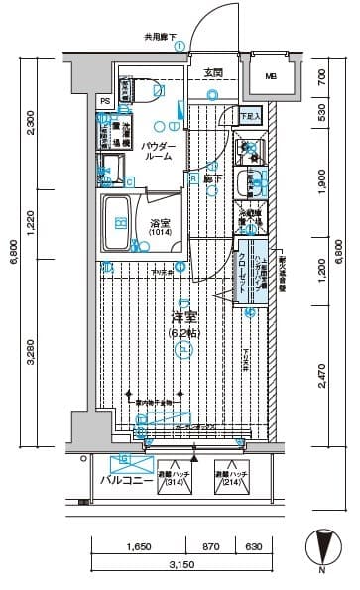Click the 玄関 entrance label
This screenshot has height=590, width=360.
(213, 73)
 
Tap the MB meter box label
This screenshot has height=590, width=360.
(271, 77)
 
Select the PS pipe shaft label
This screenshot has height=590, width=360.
(104, 101)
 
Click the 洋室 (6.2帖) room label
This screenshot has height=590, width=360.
(180, 325)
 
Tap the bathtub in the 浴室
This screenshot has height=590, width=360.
(117, 223)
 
